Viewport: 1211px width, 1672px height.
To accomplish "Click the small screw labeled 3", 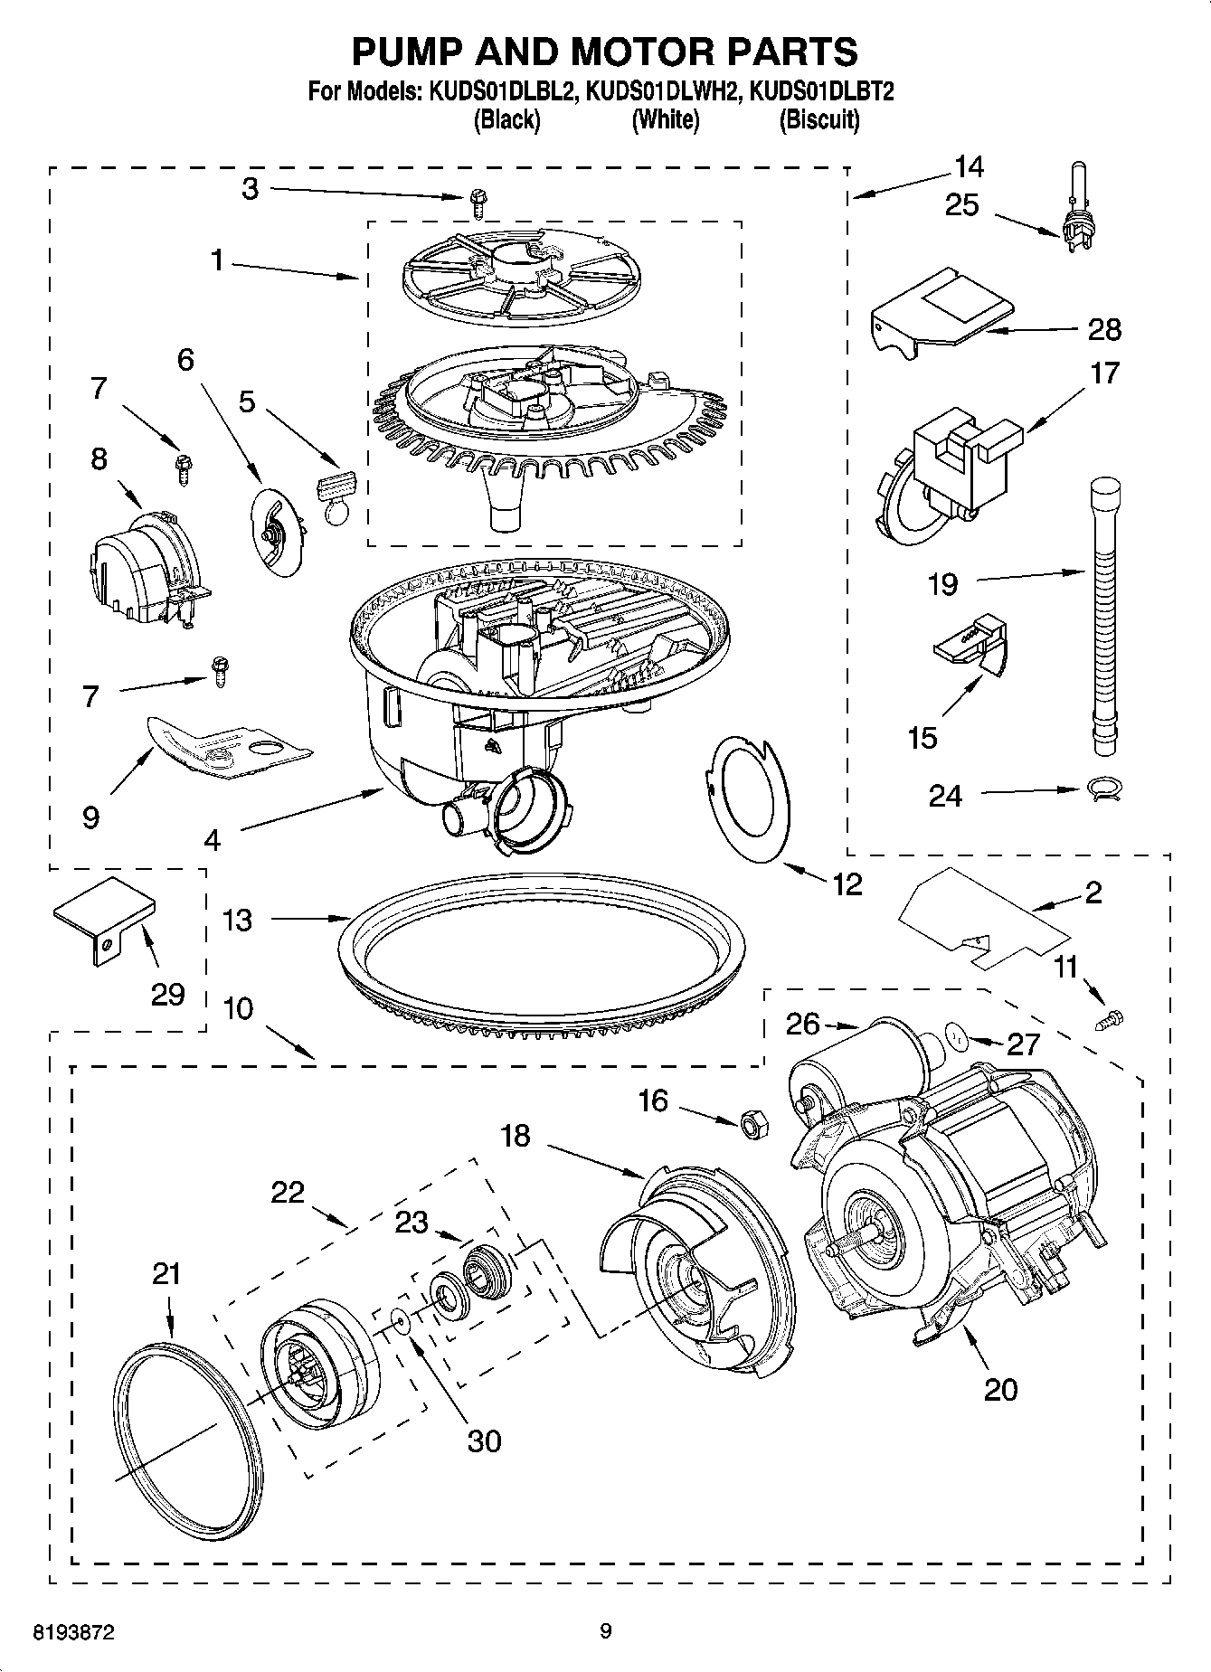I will coord(478,204).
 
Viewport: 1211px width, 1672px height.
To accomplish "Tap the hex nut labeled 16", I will coord(752,1124).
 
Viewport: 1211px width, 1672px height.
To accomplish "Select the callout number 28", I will coord(1104,329).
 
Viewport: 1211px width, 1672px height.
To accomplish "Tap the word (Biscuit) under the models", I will coord(818,120).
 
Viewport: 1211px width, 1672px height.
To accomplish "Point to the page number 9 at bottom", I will coord(605,1631).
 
